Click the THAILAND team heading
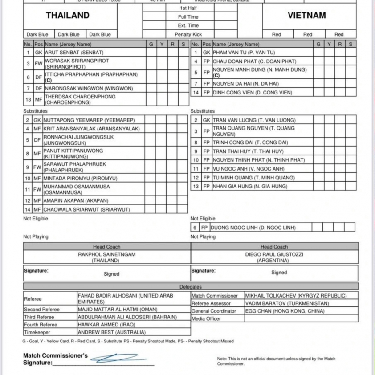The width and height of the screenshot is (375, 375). pyautogui.click(x=68, y=16)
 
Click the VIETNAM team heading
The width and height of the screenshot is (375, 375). pyautogui.click(x=306, y=16)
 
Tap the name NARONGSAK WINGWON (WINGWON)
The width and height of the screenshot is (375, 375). pyautogui.click(x=89, y=89)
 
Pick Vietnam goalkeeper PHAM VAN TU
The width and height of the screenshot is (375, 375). pyautogui.click(x=244, y=53)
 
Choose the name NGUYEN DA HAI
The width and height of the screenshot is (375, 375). pyautogui.click(x=246, y=83)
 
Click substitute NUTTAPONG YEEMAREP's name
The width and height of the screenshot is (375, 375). pyautogui.click(x=89, y=120)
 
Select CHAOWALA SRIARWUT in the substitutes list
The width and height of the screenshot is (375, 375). pyautogui.click(x=87, y=209)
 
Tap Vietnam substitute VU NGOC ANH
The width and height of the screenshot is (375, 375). pyautogui.click(x=249, y=169)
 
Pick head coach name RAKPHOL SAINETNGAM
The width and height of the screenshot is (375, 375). pyautogui.click(x=106, y=254)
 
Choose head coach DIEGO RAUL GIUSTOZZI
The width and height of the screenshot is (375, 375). pyautogui.click(x=274, y=254)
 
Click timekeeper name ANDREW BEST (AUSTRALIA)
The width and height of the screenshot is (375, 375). pyautogui.click(x=112, y=332)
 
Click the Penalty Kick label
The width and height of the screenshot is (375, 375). pyautogui.click(x=188, y=34)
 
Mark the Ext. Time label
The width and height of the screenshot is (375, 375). pyautogui.click(x=188, y=25)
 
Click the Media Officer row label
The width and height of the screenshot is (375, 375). pyautogui.click(x=206, y=318)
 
